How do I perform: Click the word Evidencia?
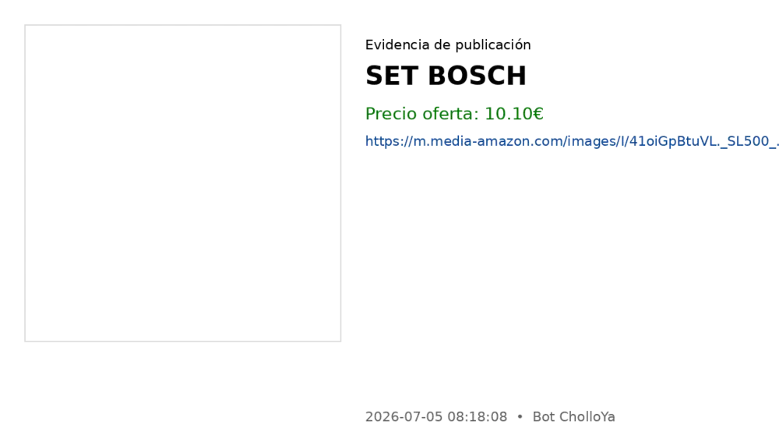pyautogui.click(x=397, y=44)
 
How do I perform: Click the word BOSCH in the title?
pyautogui.click(x=477, y=76)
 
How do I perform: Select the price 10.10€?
pyautogui.click(x=513, y=114)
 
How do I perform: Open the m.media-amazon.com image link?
pyautogui.click(x=572, y=142)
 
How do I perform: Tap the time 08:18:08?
pyautogui.click(x=478, y=416)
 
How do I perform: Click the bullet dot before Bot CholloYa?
pyautogui.click(x=520, y=416)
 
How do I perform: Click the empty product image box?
pyautogui.click(x=183, y=183)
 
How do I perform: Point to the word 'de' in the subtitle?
pyautogui.click(x=442, y=44)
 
